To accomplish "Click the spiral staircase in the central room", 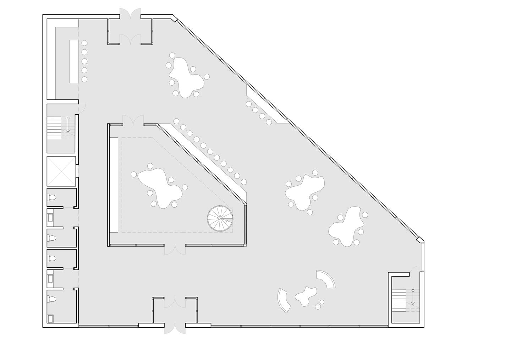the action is (x=220, y=218).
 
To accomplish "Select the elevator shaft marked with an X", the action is (x=61, y=171).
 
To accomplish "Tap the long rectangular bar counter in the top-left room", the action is (x=73, y=61).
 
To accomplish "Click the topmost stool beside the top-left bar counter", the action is (x=84, y=43).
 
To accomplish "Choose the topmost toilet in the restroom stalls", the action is (x=52, y=198).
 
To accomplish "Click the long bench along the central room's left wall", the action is (x=114, y=185).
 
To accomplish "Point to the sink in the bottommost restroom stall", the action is (x=51, y=318).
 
